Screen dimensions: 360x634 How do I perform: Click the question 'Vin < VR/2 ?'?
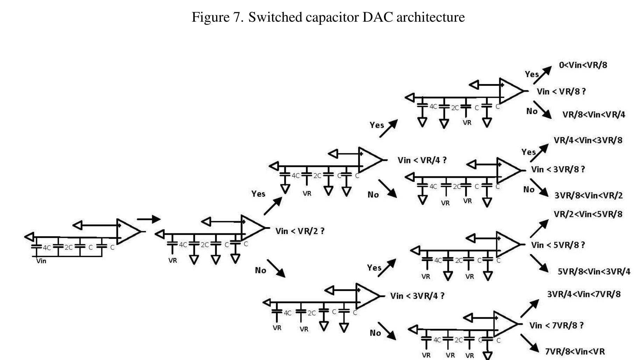[300, 231]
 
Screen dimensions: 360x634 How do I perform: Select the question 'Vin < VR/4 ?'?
[422, 160]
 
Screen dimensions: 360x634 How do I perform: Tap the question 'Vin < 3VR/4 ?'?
[417, 296]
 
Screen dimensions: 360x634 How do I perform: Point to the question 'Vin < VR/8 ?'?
[561, 91]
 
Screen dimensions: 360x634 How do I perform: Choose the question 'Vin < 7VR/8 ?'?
[556, 325]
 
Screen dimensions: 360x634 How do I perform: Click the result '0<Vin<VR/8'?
[583, 65]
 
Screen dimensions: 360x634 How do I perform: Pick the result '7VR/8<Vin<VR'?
[575, 351]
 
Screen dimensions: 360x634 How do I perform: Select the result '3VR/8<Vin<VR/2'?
[589, 195]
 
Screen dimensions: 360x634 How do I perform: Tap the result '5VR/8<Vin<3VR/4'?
[593, 271]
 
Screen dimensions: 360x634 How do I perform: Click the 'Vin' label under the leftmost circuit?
[41, 261]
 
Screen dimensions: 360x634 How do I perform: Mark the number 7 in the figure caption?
[236, 17]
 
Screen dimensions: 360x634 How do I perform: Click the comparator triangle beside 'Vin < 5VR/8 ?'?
[508, 244]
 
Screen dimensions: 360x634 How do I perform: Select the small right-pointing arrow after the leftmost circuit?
[149, 219]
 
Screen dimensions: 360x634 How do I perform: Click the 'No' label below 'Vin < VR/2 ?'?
[261, 270]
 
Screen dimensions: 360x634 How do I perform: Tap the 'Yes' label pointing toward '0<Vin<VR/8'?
[532, 74]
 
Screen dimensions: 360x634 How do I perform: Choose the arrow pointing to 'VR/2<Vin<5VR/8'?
[539, 228]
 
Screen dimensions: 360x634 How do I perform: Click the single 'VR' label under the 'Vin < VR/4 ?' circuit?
[307, 193]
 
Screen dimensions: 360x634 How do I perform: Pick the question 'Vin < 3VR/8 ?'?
[557, 170]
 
